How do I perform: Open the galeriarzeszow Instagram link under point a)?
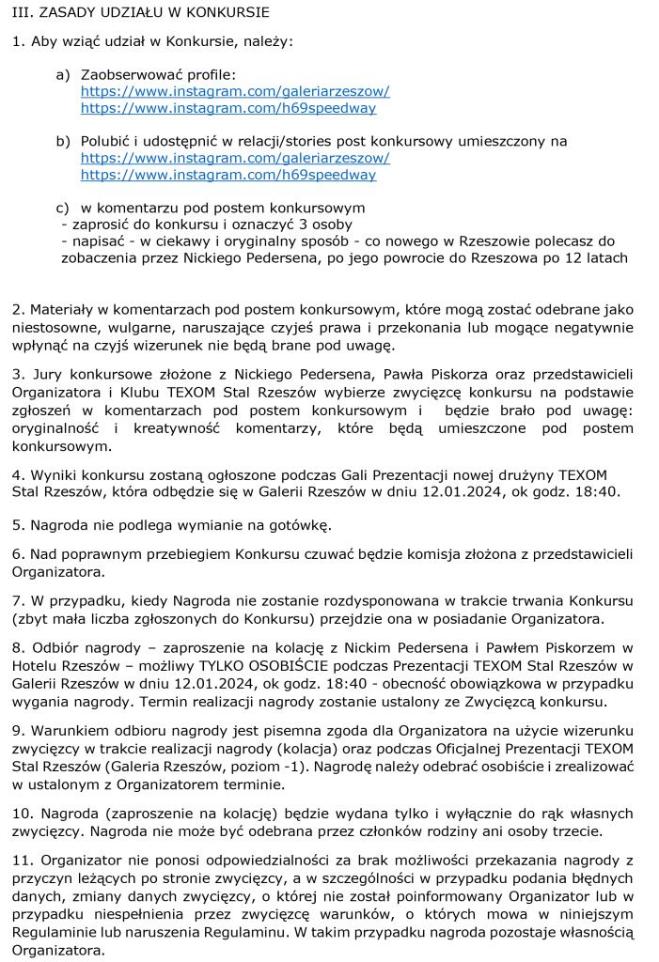(235, 91)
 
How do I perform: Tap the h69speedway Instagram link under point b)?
(228, 175)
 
